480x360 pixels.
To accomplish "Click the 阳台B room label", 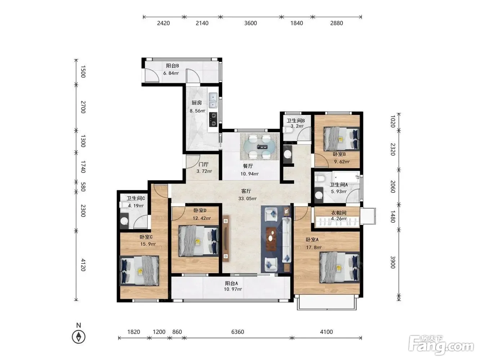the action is (x=172, y=66).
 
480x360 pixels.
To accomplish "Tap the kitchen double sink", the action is (x=213, y=101).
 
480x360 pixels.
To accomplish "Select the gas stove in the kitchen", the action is (x=213, y=120).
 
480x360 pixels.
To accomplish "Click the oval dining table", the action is (x=259, y=146).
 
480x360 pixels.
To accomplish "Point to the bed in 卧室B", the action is (x=342, y=139).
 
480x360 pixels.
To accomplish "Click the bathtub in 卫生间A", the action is (x=346, y=177).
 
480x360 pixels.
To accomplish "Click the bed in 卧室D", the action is (x=199, y=241).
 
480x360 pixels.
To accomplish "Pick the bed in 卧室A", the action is (x=339, y=267).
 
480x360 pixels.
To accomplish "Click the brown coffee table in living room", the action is (x=271, y=239).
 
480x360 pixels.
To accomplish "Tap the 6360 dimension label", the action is (x=237, y=332).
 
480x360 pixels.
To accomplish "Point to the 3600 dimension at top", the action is (x=250, y=23).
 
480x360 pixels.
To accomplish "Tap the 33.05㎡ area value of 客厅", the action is (x=247, y=199).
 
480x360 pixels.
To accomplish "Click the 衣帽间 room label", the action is (x=339, y=213).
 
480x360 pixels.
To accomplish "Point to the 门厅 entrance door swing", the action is (x=193, y=161).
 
